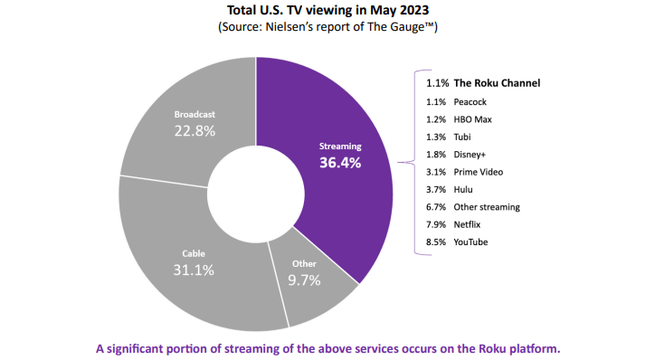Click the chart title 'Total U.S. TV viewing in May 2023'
[x=327, y=11]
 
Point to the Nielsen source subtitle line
[x=327, y=28]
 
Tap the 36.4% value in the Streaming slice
[x=340, y=163]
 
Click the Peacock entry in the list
[x=472, y=102]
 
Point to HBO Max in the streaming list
[x=475, y=119]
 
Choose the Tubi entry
[x=464, y=137]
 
